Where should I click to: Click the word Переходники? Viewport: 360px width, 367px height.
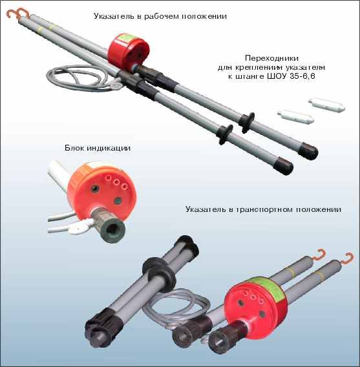pyautogui.click(x=271, y=58)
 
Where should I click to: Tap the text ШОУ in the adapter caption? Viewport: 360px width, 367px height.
pyautogui.click(x=277, y=76)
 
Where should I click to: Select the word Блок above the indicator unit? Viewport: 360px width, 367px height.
pyautogui.click(x=75, y=148)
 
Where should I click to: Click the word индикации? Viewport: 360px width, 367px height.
pyautogui.click(x=109, y=149)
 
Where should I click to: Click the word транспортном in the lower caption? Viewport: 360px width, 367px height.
pyautogui.click(x=264, y=209)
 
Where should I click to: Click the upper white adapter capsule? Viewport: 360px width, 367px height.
pyautogui.click(x=327, y=105)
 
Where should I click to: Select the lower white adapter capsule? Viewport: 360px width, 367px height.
pyautogui.click(x=295, y=117)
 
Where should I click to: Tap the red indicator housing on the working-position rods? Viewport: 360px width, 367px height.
pyautogui.click(x=128, y=53)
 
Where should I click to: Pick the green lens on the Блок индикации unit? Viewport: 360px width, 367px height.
pyautogui.click(x=118, y=201)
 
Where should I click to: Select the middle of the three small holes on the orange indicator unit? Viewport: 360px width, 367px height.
pyautogui.click(x=116, y=182)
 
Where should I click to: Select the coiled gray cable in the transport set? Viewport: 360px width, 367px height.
pyautogui.click(x=176, y=308)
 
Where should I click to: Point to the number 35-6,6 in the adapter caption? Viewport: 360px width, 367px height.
pyautogui.click(x=302, y=76)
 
